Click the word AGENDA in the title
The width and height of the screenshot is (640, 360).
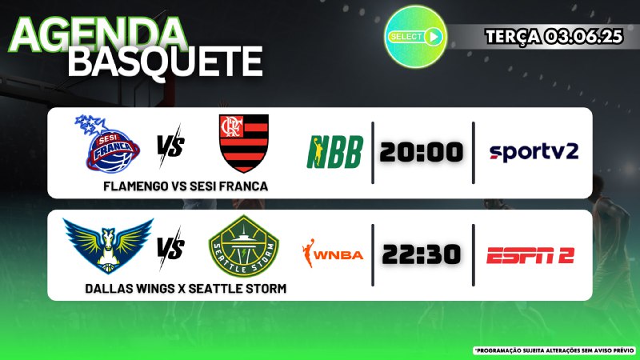[x=98, y=34]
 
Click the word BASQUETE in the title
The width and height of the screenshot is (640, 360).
[x=165, y=62]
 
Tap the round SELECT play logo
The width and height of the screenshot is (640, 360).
[x=415, y=37]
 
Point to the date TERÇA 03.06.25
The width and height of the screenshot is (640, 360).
[x=554, y=37]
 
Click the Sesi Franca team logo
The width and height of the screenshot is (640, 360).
[x=108, y=144]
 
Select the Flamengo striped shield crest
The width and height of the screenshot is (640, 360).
[x=244, y=143]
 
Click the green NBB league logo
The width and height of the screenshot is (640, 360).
[x=334, y=152]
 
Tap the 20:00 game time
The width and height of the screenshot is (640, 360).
[x=422, y=152]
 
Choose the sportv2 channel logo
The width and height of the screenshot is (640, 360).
[x=534, y=152]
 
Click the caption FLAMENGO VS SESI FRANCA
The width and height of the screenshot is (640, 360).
[x=186, y=186]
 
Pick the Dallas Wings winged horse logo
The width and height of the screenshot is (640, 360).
[x=108, y=246]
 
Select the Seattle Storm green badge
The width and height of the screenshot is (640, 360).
[x=244, y=246]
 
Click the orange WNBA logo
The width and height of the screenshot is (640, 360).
[x=332, y=254]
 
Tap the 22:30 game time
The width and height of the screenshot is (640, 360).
[x=422, y=254]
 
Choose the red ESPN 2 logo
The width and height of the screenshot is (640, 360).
[x=530, y=255]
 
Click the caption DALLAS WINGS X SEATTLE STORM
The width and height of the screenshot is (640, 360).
[x=186, y=289]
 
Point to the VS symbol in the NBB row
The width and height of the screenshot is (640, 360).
[x=170, y=146]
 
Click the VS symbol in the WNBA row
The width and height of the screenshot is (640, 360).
[x=170, y=248]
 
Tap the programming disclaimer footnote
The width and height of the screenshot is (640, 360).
[x=555, y=350]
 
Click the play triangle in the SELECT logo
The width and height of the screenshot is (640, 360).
[x=434, y=37]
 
